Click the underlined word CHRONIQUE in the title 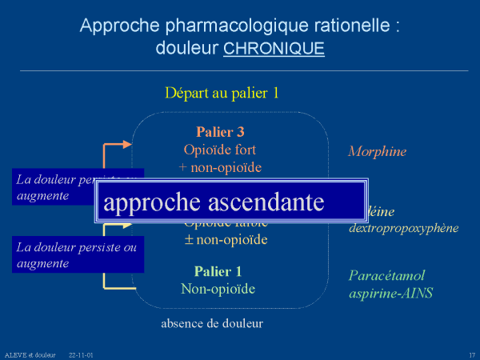click(274, 48)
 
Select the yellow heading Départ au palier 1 click(222, 92)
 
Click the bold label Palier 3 click(220, 132)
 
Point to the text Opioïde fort click(220, 150)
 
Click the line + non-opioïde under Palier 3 click(220, 167)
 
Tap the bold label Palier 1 click(218, 271)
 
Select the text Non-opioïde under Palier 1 click(218, 289)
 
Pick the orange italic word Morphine click(377, 151)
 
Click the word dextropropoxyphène click(403, 228)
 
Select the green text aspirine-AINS click(390, 293)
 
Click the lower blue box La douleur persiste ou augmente click(77, 255)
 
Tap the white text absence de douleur click(212, 324)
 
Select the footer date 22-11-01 click(81, 354)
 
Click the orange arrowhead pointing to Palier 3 click(128, 145)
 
